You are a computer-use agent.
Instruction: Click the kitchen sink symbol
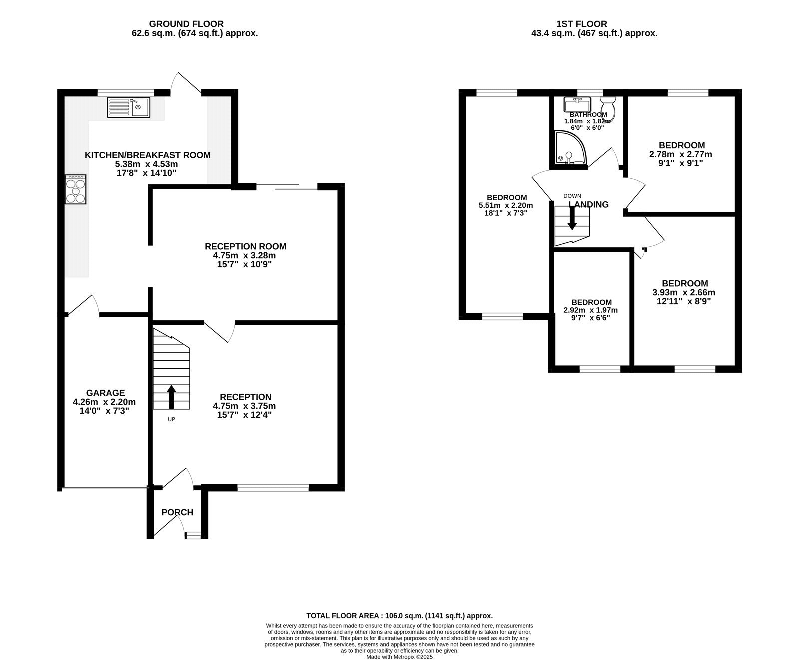(x=128, y=107)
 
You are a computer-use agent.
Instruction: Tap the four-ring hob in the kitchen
(x=75, y=189)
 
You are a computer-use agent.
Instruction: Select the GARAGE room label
(x=105, y=393)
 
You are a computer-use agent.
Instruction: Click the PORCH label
(x=177, y=512)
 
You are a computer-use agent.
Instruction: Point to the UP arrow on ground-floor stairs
(x=171, y=397)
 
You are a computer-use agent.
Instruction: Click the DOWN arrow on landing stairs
(x=572, y=218)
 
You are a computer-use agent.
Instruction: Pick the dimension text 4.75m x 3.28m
(x=245, y=255)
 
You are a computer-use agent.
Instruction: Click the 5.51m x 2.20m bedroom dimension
(x=506, y=205)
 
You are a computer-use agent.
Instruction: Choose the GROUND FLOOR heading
(x=186, y=24)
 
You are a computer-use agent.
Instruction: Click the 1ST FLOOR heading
(x=582, y=24)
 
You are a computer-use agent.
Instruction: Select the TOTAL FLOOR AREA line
(x=399, y=616)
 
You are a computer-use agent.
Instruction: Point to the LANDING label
(x=589, y=204)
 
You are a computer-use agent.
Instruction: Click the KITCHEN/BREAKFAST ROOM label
(x=147, y=155)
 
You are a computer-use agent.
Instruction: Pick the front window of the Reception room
(x=273, y=487)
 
